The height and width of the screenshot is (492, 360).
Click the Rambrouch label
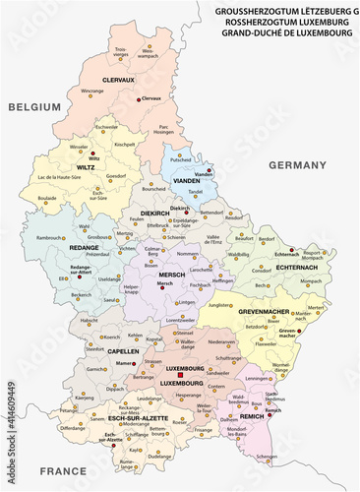tap(51, 237)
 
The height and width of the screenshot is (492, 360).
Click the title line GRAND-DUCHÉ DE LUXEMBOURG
tap(285, 32)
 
